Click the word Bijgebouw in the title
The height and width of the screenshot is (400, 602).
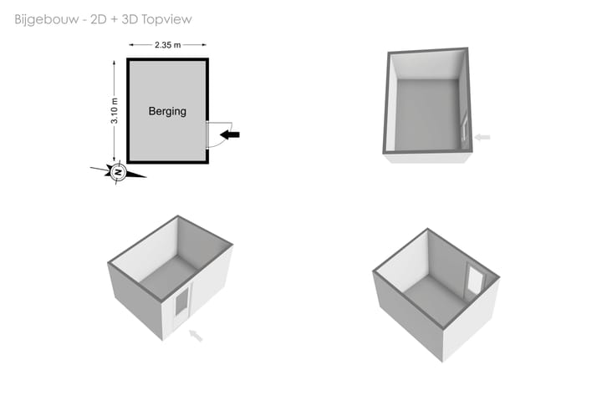(x=47, y=19)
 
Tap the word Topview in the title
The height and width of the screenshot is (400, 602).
(x=166, y=19)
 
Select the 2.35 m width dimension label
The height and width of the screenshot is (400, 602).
(x=167, y=45)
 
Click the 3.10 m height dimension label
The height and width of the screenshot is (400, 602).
(x=115, y=111)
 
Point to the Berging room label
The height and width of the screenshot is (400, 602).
(x=167, y=111)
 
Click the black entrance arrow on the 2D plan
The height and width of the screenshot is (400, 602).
(x=230, y=134)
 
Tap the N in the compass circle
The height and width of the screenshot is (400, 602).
(x=119, y=172)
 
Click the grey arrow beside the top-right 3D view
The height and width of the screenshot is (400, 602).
(x=482, y=137)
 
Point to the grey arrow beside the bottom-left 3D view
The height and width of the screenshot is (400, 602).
(x=196, y=335)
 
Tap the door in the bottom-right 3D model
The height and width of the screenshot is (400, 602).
(x=475, y=279)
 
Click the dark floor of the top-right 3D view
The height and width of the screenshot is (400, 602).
(x=427, y=114)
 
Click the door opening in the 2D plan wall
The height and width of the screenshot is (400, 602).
(x=207, y=135)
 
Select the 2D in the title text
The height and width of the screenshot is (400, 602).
(x=99, y=19)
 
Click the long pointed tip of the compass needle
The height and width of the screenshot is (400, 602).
(x=145, y=177)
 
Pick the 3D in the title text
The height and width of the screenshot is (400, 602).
(x=130, y=19)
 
